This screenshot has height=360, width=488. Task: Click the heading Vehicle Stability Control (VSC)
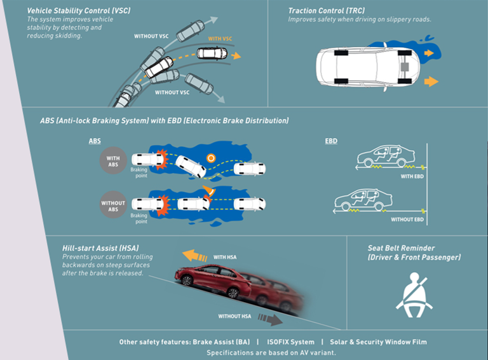coord(79,11)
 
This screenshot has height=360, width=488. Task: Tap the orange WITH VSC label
coord(220,39)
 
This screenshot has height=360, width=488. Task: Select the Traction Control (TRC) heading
coord(327,11)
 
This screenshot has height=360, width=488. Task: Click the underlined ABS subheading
coord(95,141)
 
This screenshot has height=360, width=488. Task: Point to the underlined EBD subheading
coord(331,141)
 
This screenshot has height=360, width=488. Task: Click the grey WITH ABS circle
coord(113,161)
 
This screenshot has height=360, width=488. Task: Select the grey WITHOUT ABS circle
coord(113,205)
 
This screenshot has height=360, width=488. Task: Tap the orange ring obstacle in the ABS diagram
coord(211,158)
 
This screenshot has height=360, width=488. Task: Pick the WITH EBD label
coord(412,177)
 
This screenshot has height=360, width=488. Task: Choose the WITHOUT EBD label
coord(407,219)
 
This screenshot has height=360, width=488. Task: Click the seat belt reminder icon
coord(414,295)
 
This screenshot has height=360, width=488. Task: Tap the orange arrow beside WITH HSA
coord(194,255)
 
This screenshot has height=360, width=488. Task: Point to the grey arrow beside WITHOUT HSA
coord(270,319)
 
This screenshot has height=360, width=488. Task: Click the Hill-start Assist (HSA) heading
coord(100,248)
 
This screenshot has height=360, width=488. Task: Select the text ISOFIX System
coord(290,342)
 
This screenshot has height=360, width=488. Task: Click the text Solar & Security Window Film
coord(379,342)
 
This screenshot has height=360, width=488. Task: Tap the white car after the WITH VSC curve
coord(212,53)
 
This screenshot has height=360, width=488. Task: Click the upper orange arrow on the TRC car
coord(429,53)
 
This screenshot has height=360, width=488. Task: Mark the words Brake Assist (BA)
coord(221,342)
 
